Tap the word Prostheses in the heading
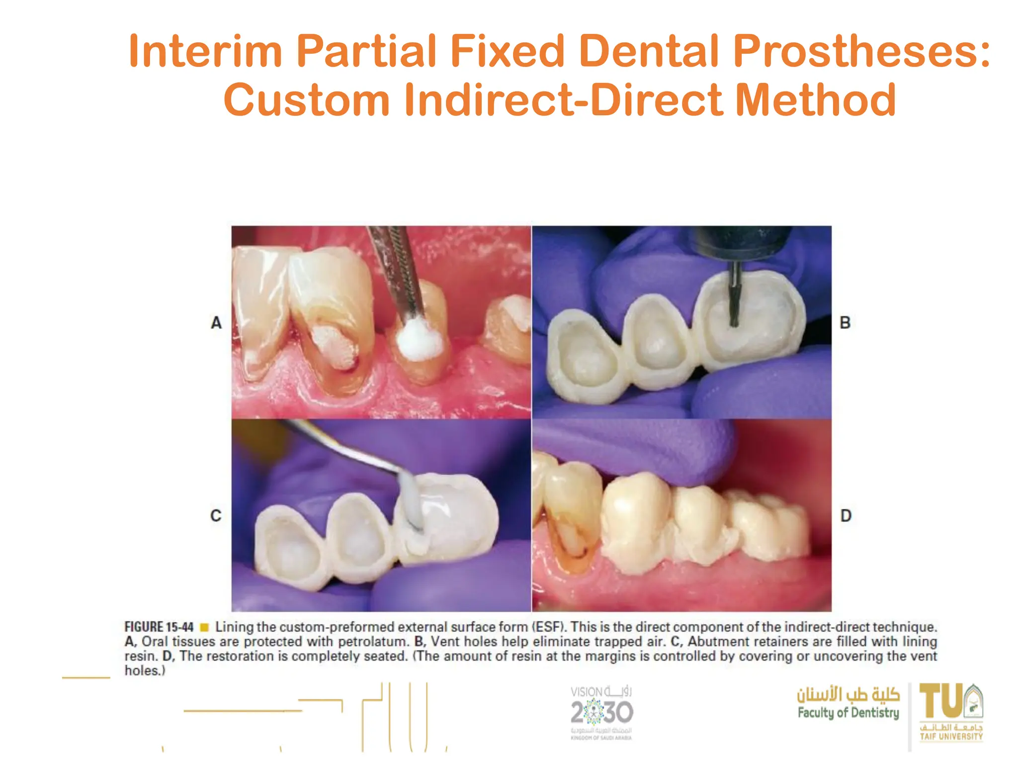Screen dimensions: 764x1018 (x=861, y=51)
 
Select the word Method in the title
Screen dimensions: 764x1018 (x=815, y=100)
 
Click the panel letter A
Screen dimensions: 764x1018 (x=216, y=323)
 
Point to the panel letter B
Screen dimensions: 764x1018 (x=845, y=323)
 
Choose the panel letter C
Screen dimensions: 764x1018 (x=216, y=515)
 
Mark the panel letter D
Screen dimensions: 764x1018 (x=846, y=515)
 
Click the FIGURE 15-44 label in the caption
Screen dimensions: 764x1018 (x=159, y=627)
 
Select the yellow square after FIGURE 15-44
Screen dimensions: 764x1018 (x=204, y=627)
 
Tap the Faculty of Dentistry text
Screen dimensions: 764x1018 (x=848, y=713)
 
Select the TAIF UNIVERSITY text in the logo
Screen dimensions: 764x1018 (x=951, y=737)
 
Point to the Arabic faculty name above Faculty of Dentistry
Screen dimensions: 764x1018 (x=848, y=694)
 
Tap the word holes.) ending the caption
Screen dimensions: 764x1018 (x=145, y=670)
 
